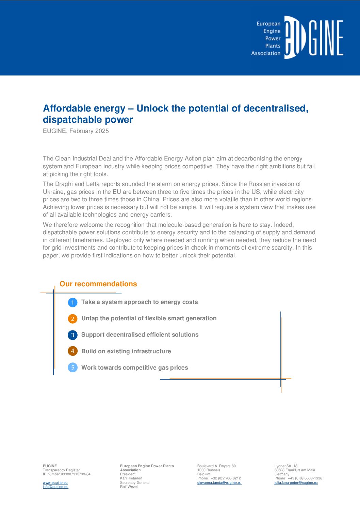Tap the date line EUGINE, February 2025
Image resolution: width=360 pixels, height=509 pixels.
76,131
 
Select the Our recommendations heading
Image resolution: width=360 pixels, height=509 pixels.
98,284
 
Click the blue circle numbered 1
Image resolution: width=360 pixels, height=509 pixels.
72,302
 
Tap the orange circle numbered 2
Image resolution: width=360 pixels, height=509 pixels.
72,319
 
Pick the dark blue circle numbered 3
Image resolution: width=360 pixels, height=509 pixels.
72,335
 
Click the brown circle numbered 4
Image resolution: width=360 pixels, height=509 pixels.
72,351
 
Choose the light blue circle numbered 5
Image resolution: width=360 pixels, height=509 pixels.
72,368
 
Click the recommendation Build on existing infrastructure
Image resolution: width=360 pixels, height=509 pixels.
126,351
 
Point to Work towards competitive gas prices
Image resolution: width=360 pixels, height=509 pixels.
134,368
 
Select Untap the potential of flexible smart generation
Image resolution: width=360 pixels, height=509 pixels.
149,318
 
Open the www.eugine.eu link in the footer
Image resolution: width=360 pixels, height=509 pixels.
55,482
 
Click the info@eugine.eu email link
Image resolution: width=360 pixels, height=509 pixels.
55,487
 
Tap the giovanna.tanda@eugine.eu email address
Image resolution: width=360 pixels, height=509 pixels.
219,482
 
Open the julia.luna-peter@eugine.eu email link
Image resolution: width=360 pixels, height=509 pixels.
296,482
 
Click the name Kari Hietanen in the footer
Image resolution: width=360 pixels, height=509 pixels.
131,478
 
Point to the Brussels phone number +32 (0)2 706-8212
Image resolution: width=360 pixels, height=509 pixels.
226,478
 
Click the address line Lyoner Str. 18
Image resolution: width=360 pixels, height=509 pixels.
286,466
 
